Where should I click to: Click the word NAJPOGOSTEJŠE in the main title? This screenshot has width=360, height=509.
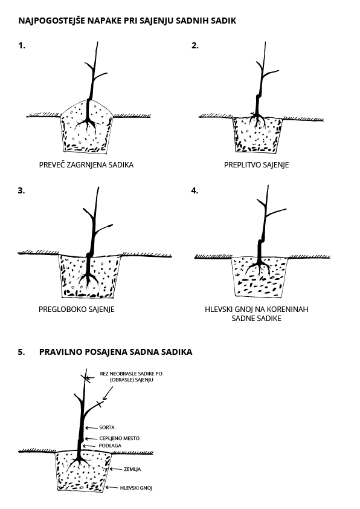52,21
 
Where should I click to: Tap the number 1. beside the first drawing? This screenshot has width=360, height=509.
22,46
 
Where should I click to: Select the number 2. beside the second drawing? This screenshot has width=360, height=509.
195,46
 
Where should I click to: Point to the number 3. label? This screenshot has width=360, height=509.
21,191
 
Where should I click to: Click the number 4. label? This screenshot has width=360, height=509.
194,191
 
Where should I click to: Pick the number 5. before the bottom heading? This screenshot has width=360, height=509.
21,352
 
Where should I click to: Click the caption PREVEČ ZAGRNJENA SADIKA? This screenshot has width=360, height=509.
86,165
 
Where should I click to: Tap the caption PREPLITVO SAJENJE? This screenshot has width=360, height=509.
256,165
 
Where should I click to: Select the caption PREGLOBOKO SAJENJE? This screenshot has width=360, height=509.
77,310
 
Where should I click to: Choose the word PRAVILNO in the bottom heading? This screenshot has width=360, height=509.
60,352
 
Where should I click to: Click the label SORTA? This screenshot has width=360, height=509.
107,427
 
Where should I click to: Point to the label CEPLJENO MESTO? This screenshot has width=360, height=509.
120,438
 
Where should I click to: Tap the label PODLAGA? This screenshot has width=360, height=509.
110,446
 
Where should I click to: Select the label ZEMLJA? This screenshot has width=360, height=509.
132,469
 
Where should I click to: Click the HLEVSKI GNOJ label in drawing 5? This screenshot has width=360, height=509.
136,488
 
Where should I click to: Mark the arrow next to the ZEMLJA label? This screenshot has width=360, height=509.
116,469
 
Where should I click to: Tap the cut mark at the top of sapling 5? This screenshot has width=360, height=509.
86,378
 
